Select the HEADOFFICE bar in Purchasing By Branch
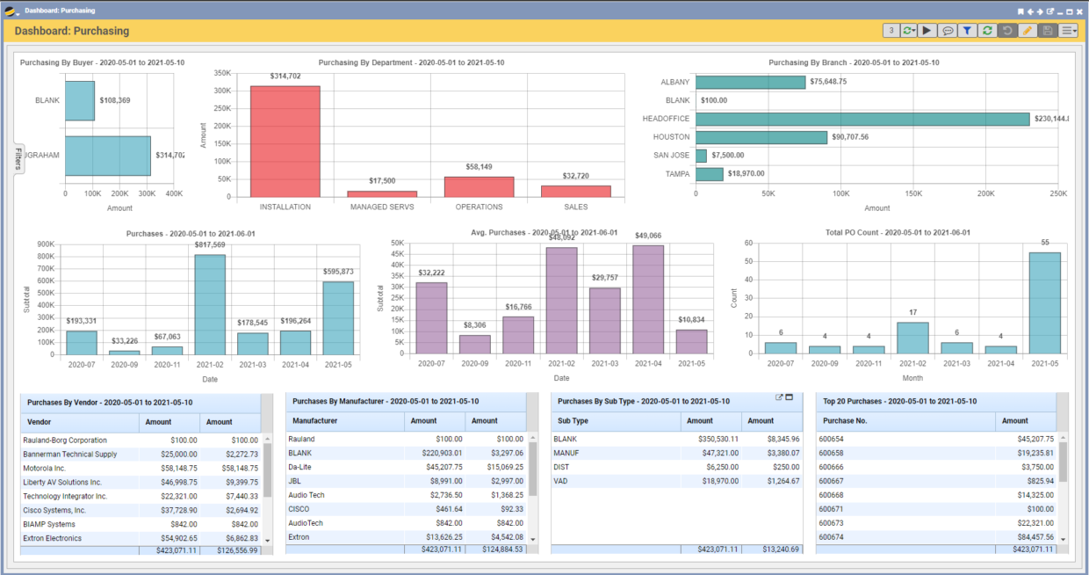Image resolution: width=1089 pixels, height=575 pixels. (x=862, y=119)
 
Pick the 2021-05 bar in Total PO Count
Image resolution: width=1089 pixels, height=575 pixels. (x=1044, y=302)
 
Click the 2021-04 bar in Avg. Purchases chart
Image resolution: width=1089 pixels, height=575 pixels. (x=647, y=299)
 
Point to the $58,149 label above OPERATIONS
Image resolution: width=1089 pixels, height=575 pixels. (x=479, y=166)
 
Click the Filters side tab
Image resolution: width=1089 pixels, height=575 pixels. (x=18, y=158)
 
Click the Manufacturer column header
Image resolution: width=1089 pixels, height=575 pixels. (x=314, y=421)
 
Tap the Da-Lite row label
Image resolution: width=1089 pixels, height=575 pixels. (x=301, y=467)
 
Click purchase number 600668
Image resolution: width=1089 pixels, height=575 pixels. (x=831, y=495)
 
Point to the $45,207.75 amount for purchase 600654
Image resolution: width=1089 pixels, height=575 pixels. (x=1035, y=439)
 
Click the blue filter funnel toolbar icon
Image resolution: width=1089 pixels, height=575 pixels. (x=967, y=31)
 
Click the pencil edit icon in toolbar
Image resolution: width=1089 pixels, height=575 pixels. (x=1027, y=31)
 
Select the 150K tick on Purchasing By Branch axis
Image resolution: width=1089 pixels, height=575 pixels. (x=912, y=193)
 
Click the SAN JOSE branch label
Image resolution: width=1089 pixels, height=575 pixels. (x=671, y=156)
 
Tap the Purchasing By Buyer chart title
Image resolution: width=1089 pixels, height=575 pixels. (x=102, y=62)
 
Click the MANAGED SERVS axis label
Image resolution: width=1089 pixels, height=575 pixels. (x=382, y=207)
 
